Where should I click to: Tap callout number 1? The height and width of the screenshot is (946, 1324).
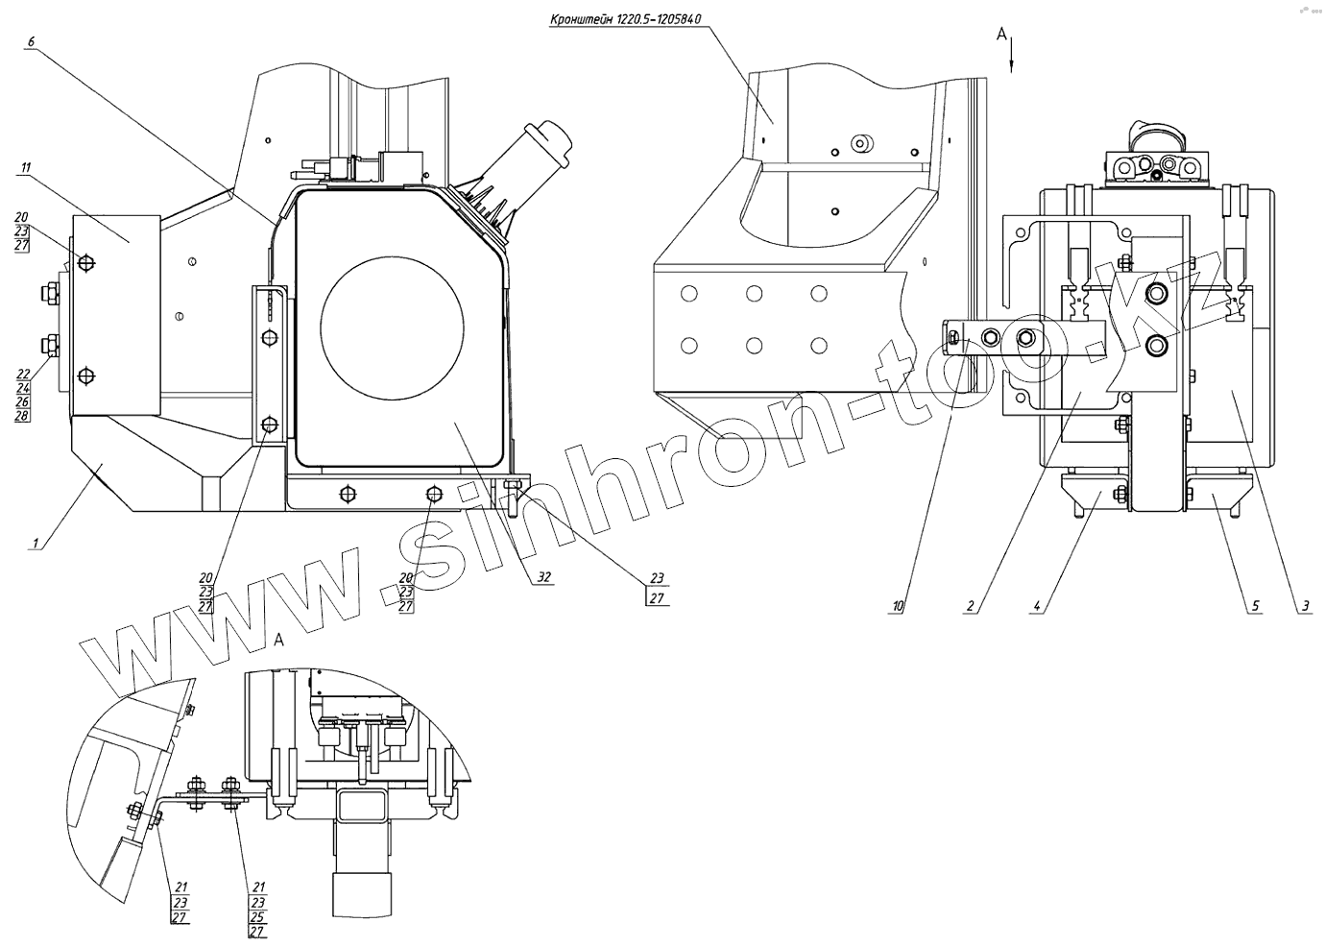(x=36, y=544)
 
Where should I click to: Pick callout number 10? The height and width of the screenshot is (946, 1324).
(x=898, y=606)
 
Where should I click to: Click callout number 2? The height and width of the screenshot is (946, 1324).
(x=971, y=606)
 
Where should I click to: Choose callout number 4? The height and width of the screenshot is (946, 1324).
(x=1038, y=606)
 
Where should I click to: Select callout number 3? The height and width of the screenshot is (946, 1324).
(x=1305, y=606)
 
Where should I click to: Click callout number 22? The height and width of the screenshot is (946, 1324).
(x=23, y=375)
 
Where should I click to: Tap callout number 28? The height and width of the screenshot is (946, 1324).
(x=23, y=417)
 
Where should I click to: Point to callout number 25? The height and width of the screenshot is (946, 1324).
(x=257, y=916)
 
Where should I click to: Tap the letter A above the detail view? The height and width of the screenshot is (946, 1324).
(x=279, y=638)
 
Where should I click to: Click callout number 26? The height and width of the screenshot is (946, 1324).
(x=23, y=402)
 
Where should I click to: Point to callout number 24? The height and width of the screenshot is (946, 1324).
(x=23, y=389)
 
